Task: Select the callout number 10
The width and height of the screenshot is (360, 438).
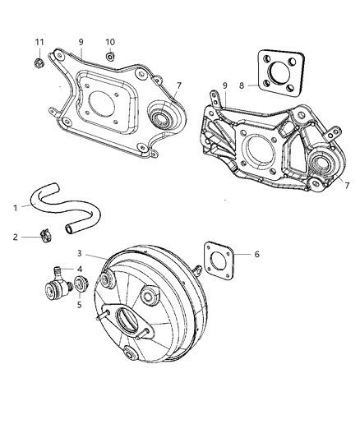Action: [x=110, y=42]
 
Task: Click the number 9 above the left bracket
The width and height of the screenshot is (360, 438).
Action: [x=81, y=42]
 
